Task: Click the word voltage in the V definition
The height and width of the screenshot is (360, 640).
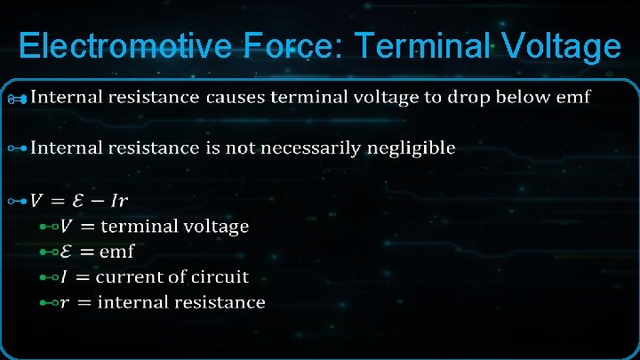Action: (217, 227)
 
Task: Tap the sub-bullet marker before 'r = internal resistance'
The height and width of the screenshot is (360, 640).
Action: (50, 302)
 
